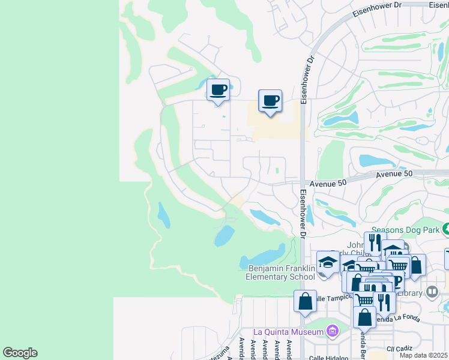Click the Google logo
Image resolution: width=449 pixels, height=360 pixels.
coord(20,353)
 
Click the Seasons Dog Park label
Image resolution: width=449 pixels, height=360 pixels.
coord(405,229)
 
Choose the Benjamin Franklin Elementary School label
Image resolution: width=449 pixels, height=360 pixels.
coord(280,272)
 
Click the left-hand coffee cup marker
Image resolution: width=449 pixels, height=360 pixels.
coord(218,91)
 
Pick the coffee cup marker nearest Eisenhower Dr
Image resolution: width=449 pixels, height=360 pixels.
coord(270,101)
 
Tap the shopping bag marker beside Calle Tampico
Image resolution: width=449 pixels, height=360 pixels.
coord(305,301)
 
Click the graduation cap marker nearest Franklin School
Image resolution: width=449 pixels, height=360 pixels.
coord(328,262)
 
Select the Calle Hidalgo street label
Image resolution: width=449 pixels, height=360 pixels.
coord(328,358)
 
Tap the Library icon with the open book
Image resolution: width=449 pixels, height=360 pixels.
coord(432,292)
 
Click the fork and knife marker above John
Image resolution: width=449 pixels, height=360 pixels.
coord(373,243)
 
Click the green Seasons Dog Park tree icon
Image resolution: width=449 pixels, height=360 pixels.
coord(446,229)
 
